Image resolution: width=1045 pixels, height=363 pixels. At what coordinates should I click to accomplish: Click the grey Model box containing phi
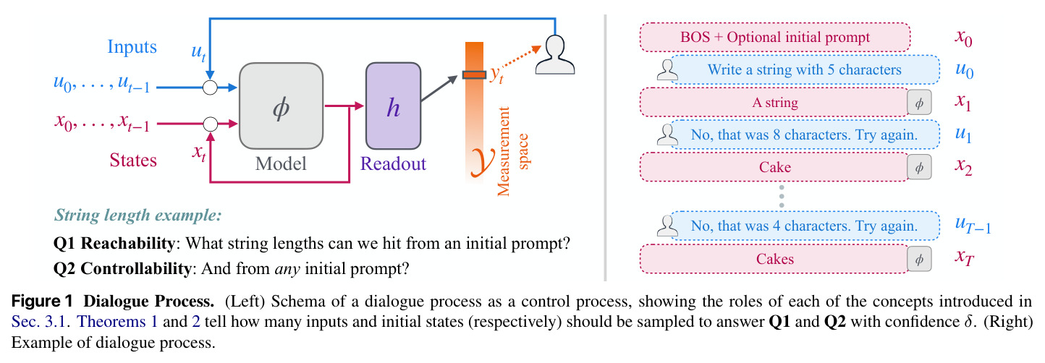point(281,106)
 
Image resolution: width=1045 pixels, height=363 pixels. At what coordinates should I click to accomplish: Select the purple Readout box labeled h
point(393,106)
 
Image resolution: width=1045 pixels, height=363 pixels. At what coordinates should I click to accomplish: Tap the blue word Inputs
point(132,46)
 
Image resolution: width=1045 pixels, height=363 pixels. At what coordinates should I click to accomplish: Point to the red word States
point(133,160)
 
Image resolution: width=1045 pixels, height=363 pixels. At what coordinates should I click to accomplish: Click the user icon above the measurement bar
point(554,55)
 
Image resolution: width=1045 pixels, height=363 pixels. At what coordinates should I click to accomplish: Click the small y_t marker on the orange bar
point(475,74)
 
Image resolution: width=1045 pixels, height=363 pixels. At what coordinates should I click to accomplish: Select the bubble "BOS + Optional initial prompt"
point(775,38)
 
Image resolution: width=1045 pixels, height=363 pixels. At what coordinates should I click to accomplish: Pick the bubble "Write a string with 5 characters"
point(805,70)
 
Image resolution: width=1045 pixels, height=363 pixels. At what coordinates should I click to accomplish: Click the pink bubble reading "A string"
point(774,102)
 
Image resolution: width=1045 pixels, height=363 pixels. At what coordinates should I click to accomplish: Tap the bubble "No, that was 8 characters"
point(805,134)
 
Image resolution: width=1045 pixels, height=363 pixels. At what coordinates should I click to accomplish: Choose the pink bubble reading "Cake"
point(774,167)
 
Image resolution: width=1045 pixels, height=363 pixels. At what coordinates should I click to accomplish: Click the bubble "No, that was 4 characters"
point(805,226)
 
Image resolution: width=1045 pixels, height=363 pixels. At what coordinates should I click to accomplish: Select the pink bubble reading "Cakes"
point(774,259)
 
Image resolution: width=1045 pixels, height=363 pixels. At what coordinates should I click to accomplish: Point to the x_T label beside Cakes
point(964,257)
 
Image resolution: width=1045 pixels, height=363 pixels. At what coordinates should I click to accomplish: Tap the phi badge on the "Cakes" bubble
point(919,259)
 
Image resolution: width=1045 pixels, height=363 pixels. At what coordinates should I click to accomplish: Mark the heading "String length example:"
point(137,215)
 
